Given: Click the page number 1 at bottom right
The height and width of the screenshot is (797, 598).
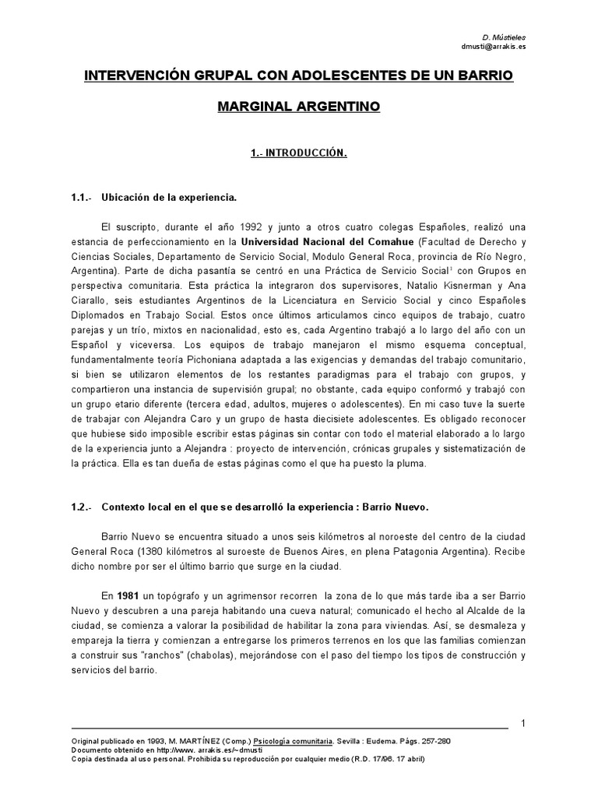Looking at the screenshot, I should point(524,724).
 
